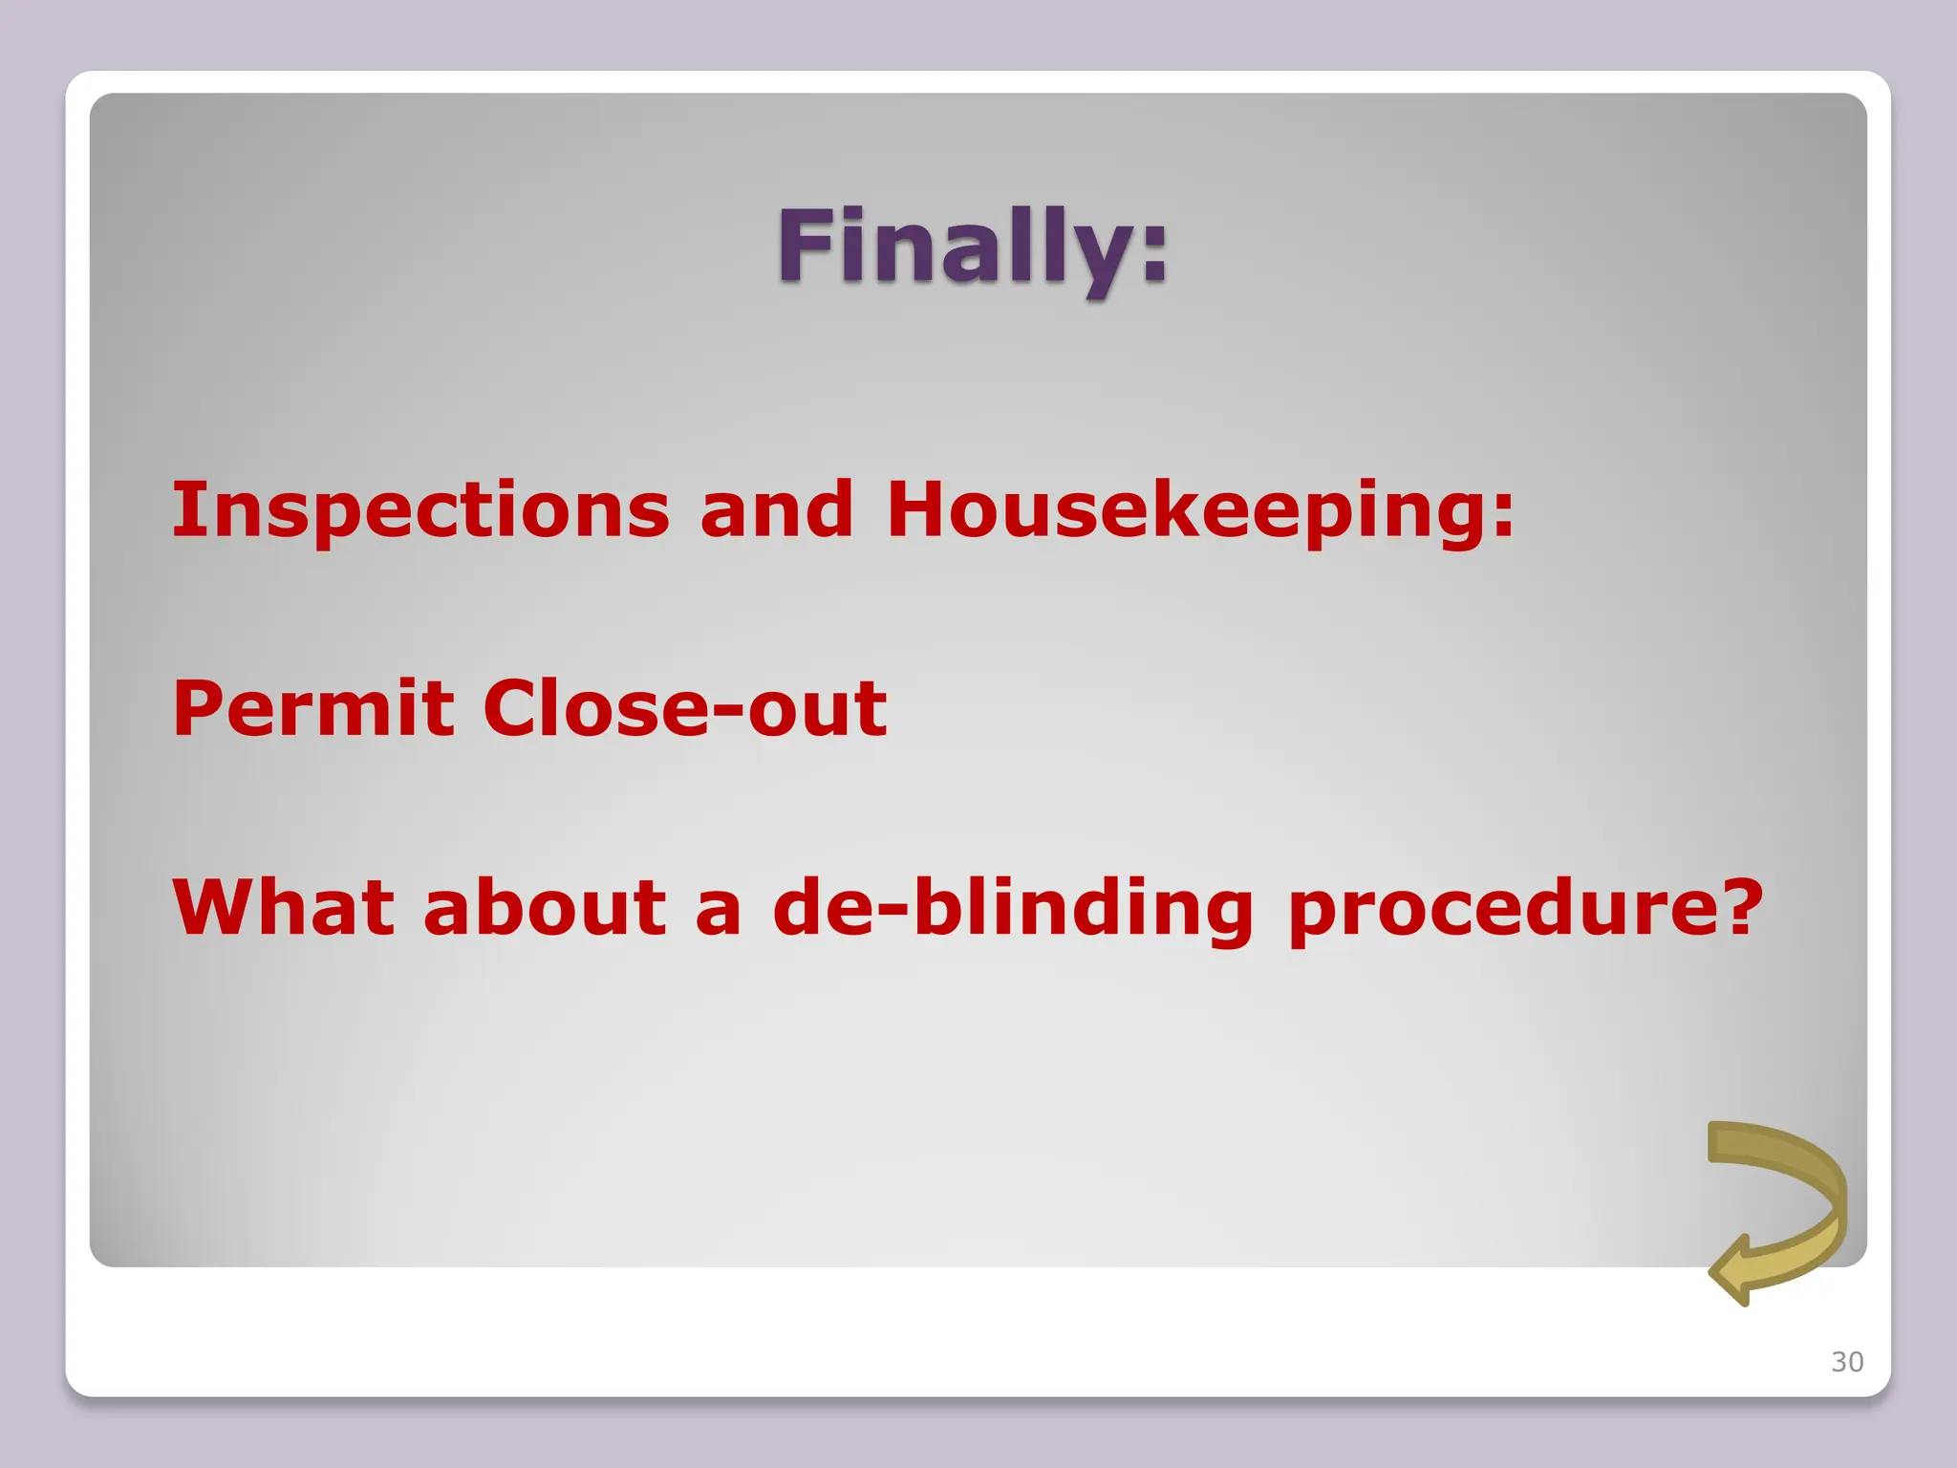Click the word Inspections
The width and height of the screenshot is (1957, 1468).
[x=420, y=510]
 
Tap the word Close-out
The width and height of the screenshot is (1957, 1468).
[x=684, y=708]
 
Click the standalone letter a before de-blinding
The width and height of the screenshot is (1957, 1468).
[x=719, y=913]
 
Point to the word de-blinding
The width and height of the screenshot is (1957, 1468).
[x=1013, y=908]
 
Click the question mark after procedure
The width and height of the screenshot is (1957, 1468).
[x=1736, y=906]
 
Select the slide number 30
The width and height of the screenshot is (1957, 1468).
[x=1846, y=1362]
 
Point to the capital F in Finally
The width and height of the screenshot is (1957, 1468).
[x=802, y=246]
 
